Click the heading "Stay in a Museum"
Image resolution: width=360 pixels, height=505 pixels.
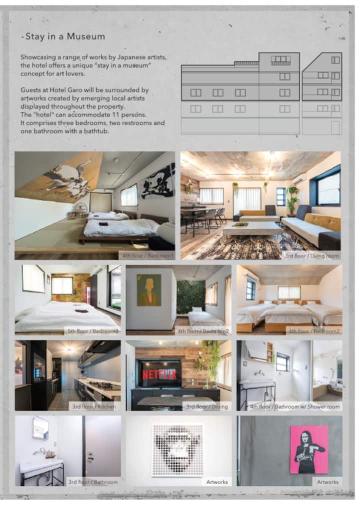pyautogui.click(x=64, y=36)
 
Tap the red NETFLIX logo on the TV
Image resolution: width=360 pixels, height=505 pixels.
pyautogui.click(x=159, y=375)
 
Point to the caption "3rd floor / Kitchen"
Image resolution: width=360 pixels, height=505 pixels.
pyautogui.click(x=94, y=406)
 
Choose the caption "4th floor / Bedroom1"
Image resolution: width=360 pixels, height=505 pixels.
pyautogui.click(x=148, y=255)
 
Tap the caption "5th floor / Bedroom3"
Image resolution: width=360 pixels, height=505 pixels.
pyautogui.click(x=92, y=331)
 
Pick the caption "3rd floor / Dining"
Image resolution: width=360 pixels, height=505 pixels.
pyautogui.click(x=206, y=406)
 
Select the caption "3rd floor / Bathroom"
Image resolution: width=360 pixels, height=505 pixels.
pyautogui.click(x=93, y=482)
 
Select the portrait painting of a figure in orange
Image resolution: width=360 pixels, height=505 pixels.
pyautogui.click(x=149, y=290)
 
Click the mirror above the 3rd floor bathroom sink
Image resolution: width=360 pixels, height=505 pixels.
pyautogui.click(x=40, y=428)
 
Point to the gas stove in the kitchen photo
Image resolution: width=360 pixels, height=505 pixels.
pyautogui.click(x=102, y=384)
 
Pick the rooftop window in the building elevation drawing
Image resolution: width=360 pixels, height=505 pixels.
pyautogui.click(x=280, y=60)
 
